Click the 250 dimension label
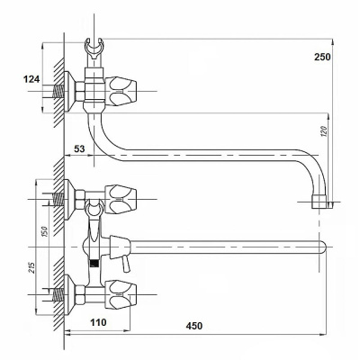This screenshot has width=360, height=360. click(322, 57)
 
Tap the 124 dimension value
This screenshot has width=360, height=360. click(31, 79)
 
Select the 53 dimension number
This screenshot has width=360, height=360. click(79, 148)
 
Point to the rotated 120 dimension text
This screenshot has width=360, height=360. click(325, 132)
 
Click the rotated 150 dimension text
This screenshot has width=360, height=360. click(44, 231)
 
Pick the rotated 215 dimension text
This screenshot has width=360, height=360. click(32, 268)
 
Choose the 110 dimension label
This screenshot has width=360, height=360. click(98, 322)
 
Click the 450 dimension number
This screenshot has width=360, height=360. click(193, 326)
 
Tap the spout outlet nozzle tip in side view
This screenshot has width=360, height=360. click(319, 202)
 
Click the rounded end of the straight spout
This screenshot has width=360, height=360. click(323, 247)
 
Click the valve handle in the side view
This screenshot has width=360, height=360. click(122, 91)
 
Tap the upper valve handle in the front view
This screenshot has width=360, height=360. click(121, 199)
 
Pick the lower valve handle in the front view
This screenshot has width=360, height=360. click(121, 295)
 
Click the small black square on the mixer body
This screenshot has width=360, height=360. click(94, 264)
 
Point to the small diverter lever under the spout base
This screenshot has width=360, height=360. click(126, 264)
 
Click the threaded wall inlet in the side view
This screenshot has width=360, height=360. click(58, 91)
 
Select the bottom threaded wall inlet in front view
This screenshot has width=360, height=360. click(58, 295)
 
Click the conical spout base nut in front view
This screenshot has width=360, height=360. click(120, 247)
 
